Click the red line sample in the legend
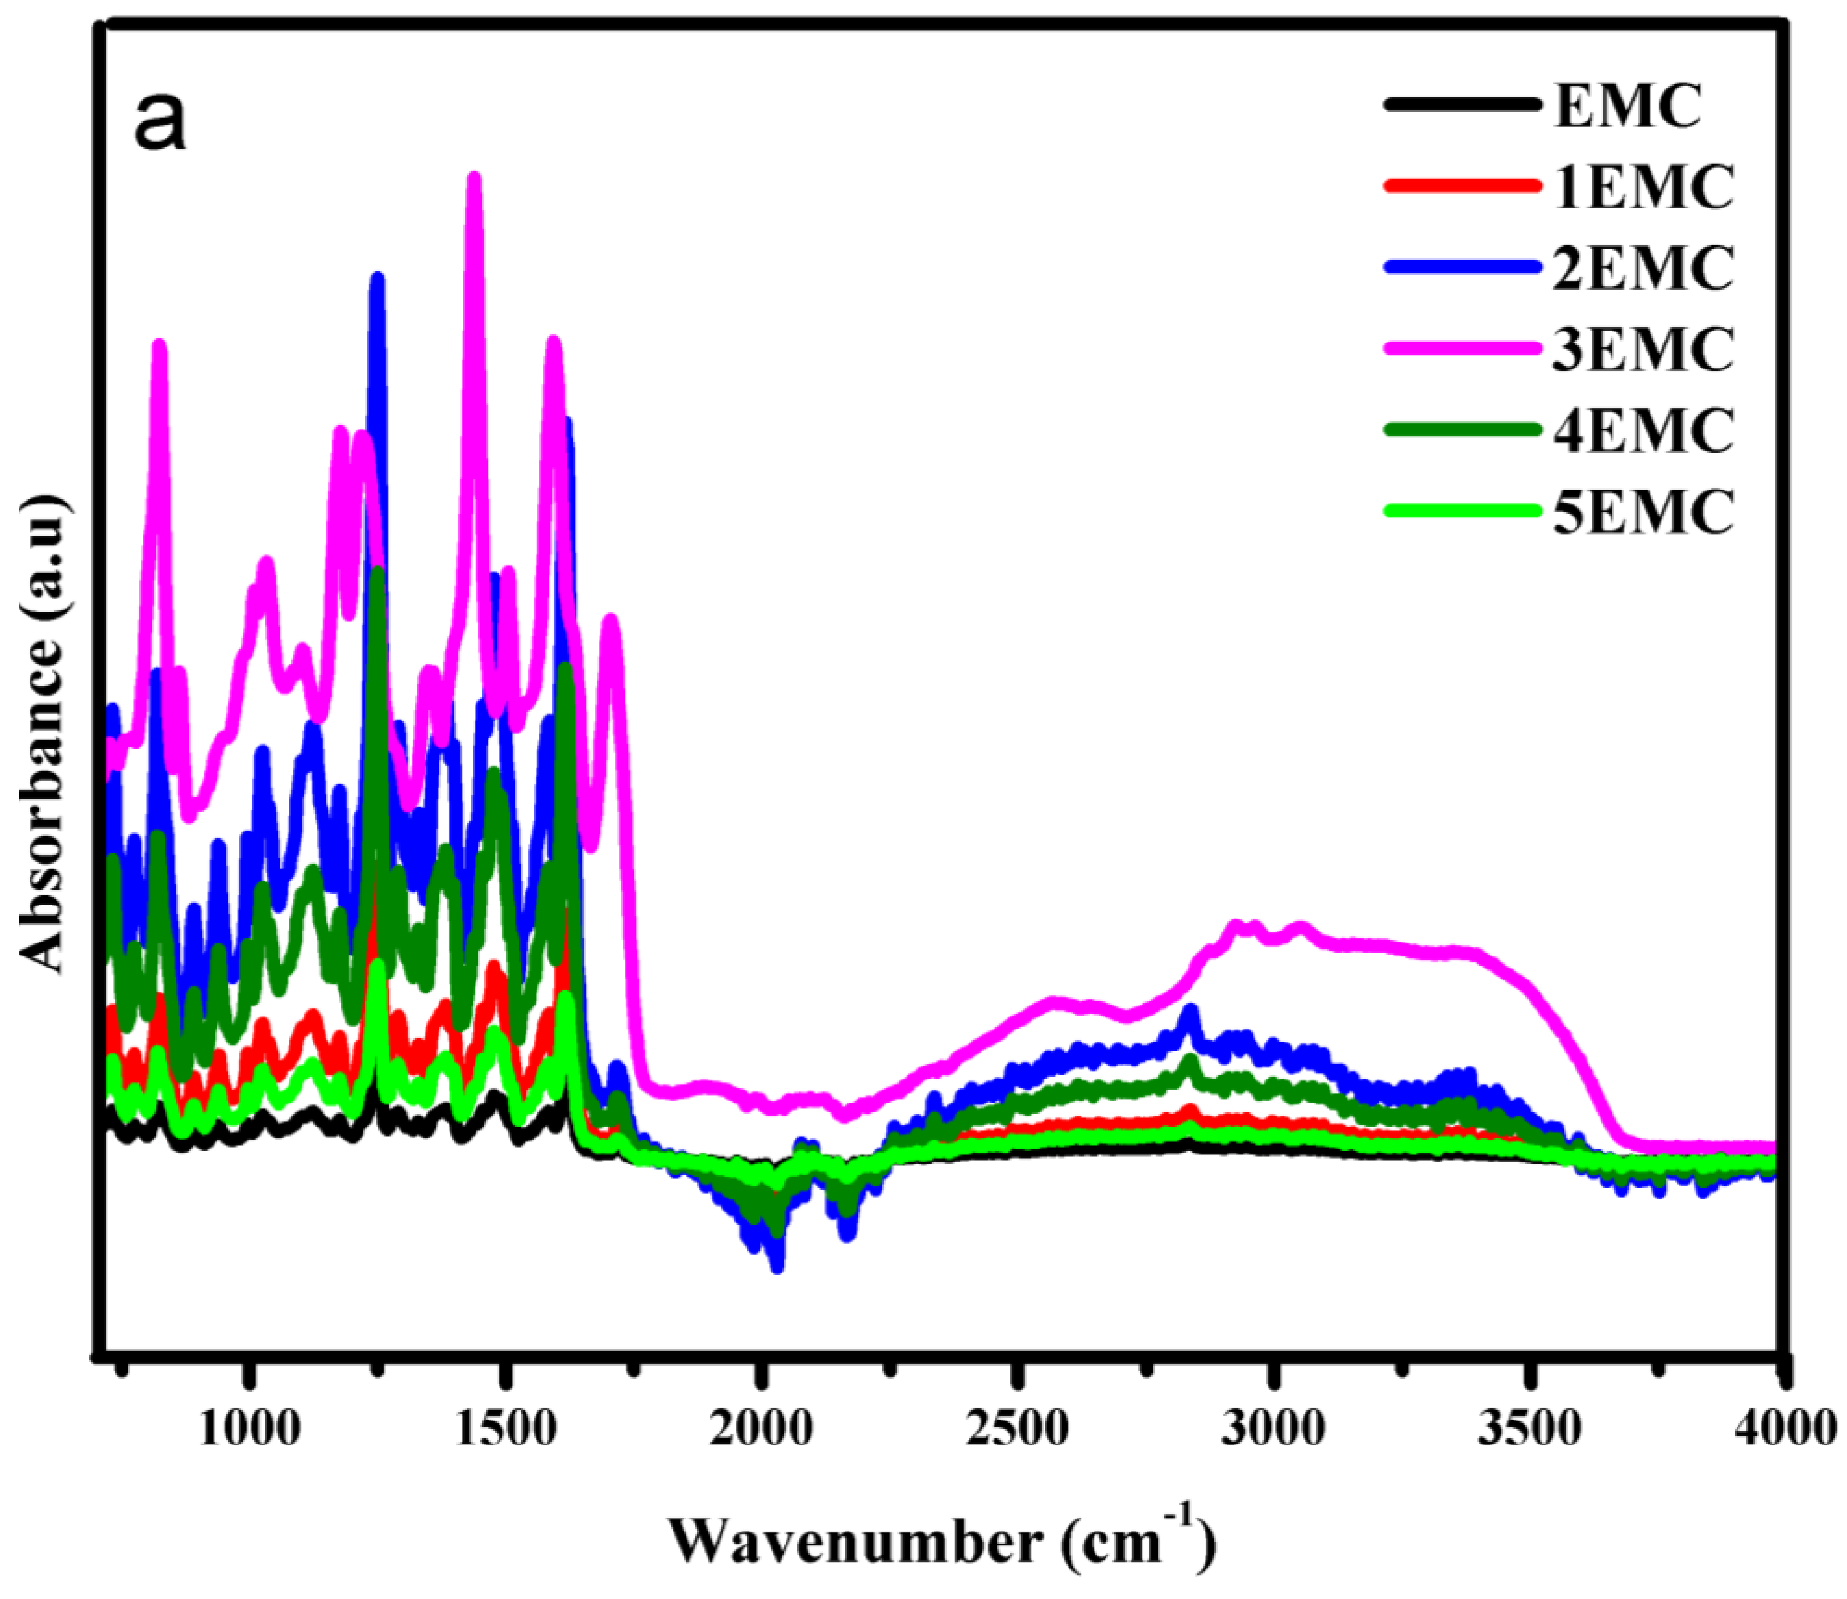[x=1463, y=186]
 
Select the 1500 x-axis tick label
[x=506, y=1429]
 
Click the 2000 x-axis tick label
[x=762, y=1429]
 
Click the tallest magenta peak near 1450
[x=475, y=178]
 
